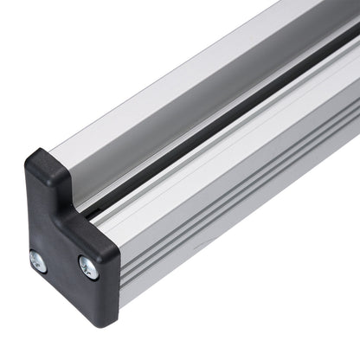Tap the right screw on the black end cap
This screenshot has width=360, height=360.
coord(88,267)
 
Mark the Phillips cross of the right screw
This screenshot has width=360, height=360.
coord(88,267)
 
